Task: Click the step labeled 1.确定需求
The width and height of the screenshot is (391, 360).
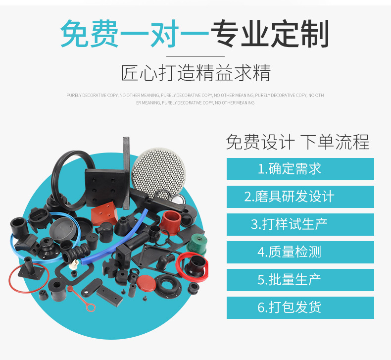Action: point(300,169)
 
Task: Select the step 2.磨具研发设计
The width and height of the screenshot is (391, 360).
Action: point(300,197)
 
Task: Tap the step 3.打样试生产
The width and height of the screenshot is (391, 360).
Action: point(300,224)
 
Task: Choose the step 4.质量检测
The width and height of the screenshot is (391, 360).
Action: point(300,252)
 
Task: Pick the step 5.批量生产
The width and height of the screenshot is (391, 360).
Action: point(300,280)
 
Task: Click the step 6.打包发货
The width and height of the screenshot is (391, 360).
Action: point(300,308)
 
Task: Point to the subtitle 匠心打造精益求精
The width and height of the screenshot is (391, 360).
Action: point(195,73)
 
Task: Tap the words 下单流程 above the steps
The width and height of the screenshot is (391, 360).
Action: point(335,143)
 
